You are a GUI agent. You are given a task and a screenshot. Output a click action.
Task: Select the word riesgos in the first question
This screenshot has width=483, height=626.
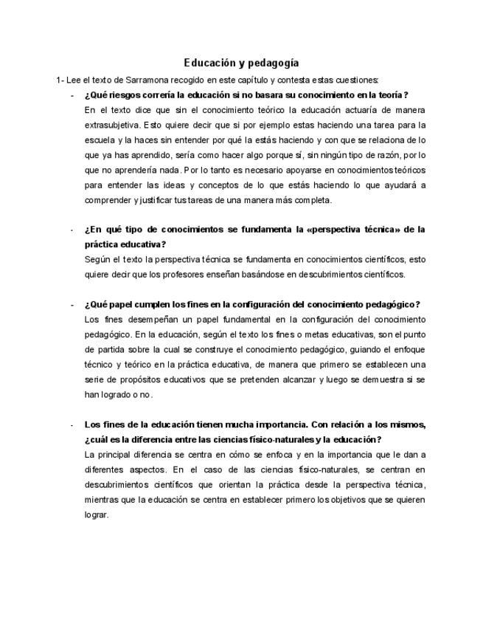point(122,95)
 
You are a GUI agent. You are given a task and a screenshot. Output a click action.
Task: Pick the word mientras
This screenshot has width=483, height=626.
point(102,500)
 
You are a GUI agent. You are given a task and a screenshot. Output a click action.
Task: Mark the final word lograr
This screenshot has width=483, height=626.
point(96,515)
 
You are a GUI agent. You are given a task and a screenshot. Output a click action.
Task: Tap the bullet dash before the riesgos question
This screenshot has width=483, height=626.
point(72,95)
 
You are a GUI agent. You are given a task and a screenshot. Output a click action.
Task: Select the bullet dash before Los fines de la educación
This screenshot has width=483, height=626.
point(72,425)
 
